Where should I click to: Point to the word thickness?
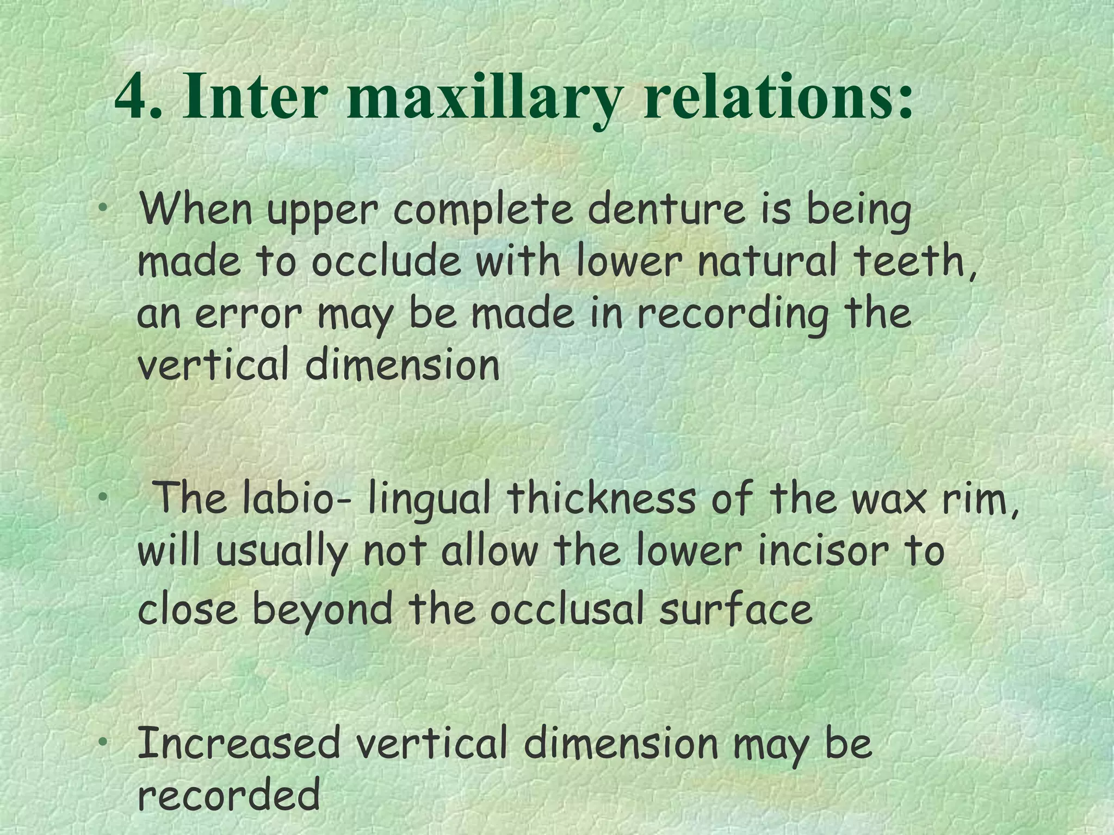[601, 498]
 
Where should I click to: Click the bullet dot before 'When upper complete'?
[103, 208]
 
